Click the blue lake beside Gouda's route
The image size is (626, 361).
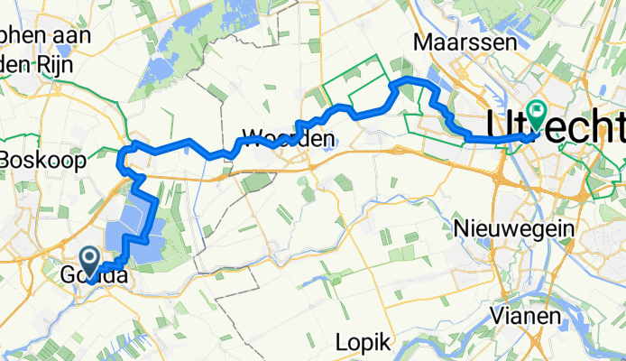click(131, 221)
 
